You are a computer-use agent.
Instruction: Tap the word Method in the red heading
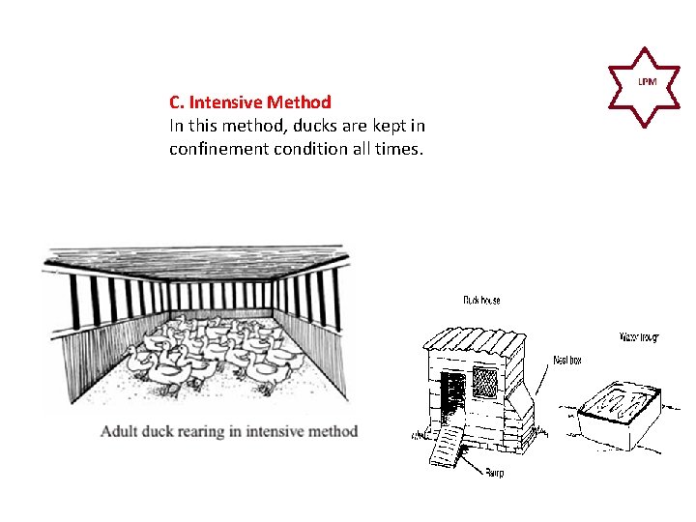click(x=300, y=101)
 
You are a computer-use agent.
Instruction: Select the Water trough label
click(x=639, y=337)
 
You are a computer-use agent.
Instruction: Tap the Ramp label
click(x=494, y=473)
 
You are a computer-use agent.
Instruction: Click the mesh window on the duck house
click(x=484, y=381)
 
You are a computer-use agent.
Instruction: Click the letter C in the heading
click(x=174, y=101)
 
